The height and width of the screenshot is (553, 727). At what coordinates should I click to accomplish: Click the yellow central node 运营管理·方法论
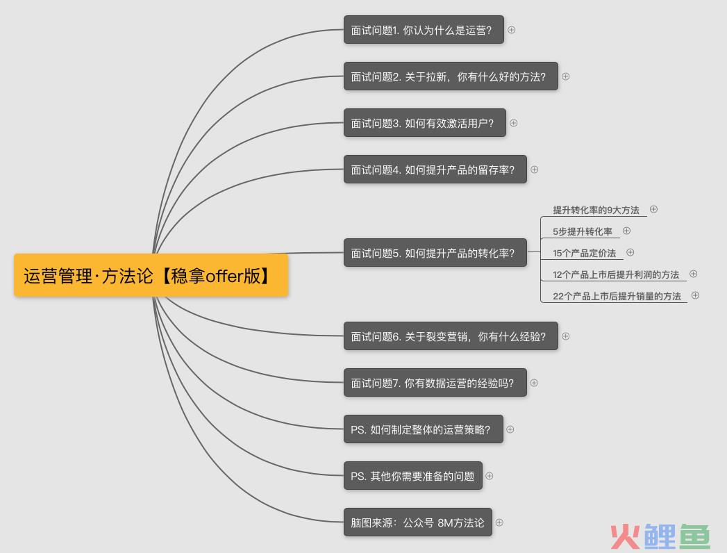tap(151, 275)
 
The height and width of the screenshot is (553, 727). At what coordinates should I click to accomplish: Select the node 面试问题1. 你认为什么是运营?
tap(424, 30)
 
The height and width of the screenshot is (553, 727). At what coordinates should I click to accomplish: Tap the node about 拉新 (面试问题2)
tap(451, 76)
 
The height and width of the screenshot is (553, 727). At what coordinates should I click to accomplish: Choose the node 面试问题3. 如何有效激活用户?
tap(425, 123)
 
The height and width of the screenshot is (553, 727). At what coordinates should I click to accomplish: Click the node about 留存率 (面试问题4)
tap(435, 170)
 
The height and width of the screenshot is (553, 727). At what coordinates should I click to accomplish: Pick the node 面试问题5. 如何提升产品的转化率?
tap(435, 253)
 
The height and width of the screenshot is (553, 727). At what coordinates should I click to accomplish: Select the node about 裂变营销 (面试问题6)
tap(451, 336)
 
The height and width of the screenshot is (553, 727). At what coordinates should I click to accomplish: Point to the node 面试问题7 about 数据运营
tap(435, 383)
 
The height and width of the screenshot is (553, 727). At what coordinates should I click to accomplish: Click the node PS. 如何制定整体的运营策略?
tap(424, 429)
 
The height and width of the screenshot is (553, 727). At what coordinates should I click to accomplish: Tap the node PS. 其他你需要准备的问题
tap(413, 476)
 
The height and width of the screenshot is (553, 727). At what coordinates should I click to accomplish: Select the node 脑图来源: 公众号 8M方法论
tap(418, 522)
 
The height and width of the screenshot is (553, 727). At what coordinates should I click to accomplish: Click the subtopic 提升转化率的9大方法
tap(596, 211)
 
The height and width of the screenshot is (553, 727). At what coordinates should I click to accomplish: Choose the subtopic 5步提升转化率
tap(583, 231)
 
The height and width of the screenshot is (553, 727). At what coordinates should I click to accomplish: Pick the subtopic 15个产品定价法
tap(584, 254)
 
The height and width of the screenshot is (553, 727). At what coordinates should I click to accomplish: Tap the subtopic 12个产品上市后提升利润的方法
tap(616, 274)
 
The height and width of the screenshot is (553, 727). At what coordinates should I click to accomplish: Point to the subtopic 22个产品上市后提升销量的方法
tap(617, 296)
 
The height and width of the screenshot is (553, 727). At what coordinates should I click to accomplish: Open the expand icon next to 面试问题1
tap(512, 30)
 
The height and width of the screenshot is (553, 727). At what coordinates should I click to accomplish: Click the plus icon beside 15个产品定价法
tap(630, 252)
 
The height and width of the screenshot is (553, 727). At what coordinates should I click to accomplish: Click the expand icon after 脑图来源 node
tap(499, 522)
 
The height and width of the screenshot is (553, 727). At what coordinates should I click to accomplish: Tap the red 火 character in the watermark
tap(626, 537)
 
